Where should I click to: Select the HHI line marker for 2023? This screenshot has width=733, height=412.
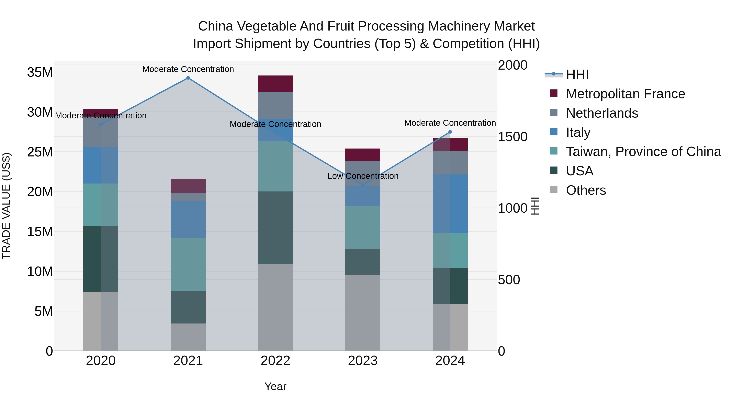pos(363,185)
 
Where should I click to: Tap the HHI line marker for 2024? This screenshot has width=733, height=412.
pos(450,132)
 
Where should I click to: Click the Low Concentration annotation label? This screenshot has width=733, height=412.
pos(363,176)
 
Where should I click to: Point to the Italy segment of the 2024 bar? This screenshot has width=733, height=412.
pos(450,204)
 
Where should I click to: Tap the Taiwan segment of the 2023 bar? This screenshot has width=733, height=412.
pos(363,227)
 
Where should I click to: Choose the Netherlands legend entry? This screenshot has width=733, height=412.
pos(602,113)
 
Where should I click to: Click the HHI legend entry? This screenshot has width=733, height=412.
pos(577,74)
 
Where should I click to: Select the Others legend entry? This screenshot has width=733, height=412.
pos(586,190)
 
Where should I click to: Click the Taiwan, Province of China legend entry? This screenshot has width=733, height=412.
pos(643,152)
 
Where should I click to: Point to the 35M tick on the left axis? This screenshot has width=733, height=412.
pos(40,72)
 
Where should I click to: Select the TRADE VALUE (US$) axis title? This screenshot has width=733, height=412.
pos(6,206)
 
